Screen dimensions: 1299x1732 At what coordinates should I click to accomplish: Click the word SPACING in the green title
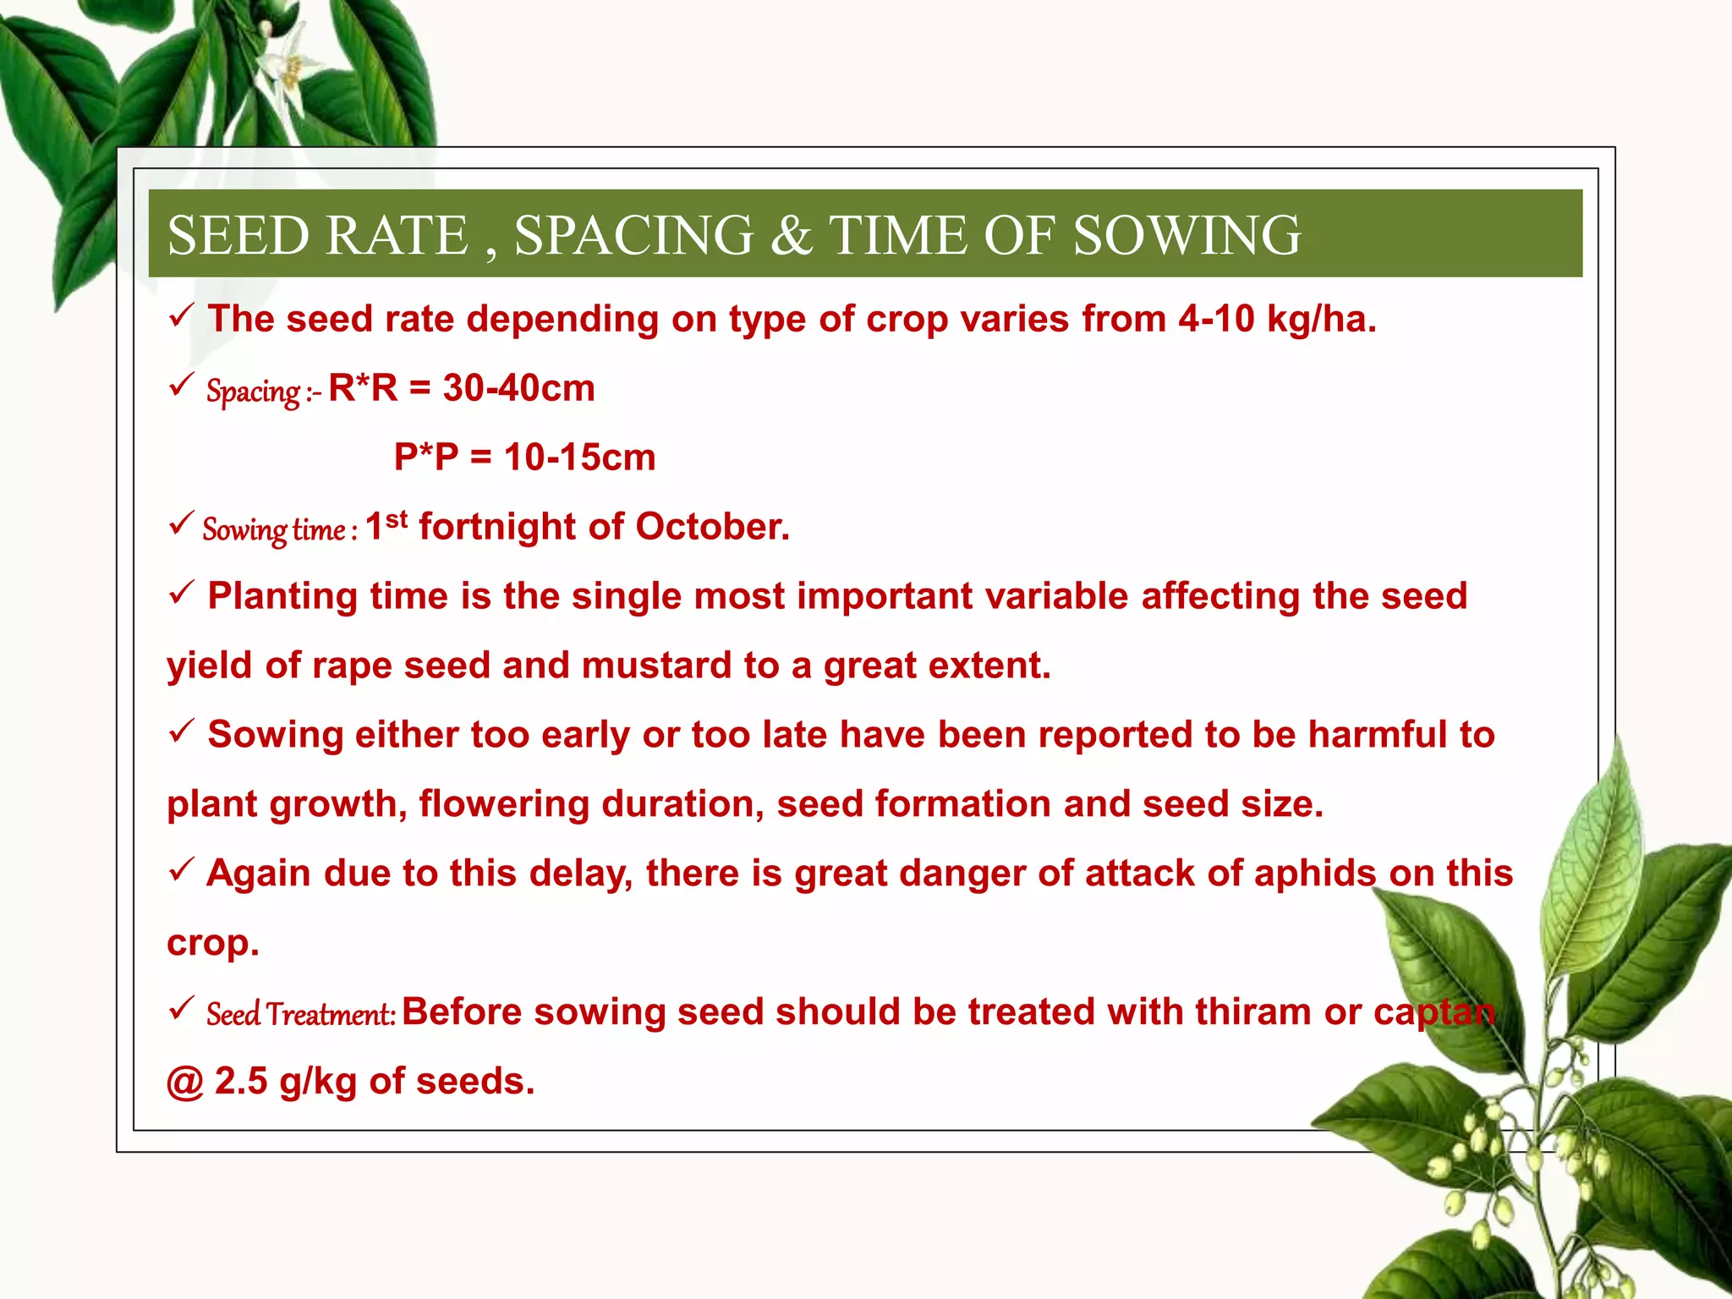(x=633, y=235)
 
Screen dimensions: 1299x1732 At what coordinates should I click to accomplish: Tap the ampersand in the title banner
(x=790, y=235)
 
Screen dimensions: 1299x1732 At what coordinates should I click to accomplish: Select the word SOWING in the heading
(x=1187, y=235)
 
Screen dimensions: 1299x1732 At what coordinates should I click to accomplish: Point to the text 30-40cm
(x=518, y=389)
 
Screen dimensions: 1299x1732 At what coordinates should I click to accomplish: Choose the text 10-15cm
(x=579, y=458)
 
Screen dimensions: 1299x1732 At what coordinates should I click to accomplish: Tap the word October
(x=711, y=528)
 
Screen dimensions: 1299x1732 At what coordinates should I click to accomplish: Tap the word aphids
(x=1315, y=874)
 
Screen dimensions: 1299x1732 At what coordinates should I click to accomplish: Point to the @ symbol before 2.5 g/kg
(x=184, y=1082)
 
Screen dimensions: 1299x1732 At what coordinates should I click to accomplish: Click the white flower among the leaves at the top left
(x=283, y=68)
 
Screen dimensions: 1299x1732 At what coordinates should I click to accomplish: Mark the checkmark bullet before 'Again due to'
(x=181, y=869)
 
